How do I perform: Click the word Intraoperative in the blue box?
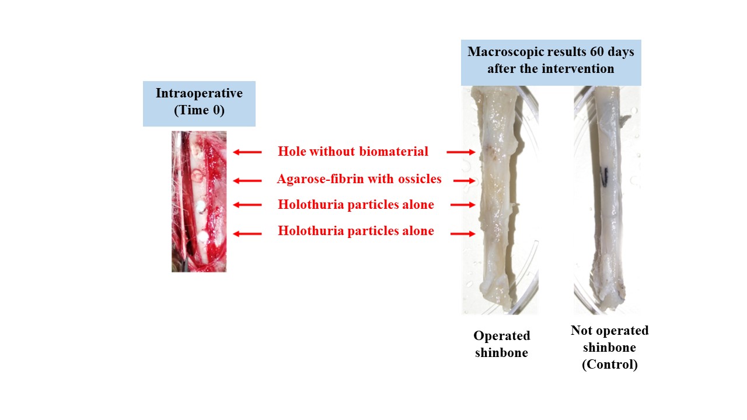[x=199, y=93]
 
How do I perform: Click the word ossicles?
[x=420, y=179]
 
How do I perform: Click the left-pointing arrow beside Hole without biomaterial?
[x=247, y=152]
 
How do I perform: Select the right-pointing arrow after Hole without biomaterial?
[x=461, y=152]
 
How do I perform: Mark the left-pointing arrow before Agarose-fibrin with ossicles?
[x=247, y=181]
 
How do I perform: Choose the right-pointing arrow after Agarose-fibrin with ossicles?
[x=465, y=181]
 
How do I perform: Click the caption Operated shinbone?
[x=502, y=344]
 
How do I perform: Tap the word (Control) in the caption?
[x=609, y=365]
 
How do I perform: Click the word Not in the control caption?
[x=581, y=330]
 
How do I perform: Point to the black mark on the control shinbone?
[x=605, y=173]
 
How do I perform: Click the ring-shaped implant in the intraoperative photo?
[x=198, y=174]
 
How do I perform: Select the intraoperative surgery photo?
[x=199, y=201]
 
